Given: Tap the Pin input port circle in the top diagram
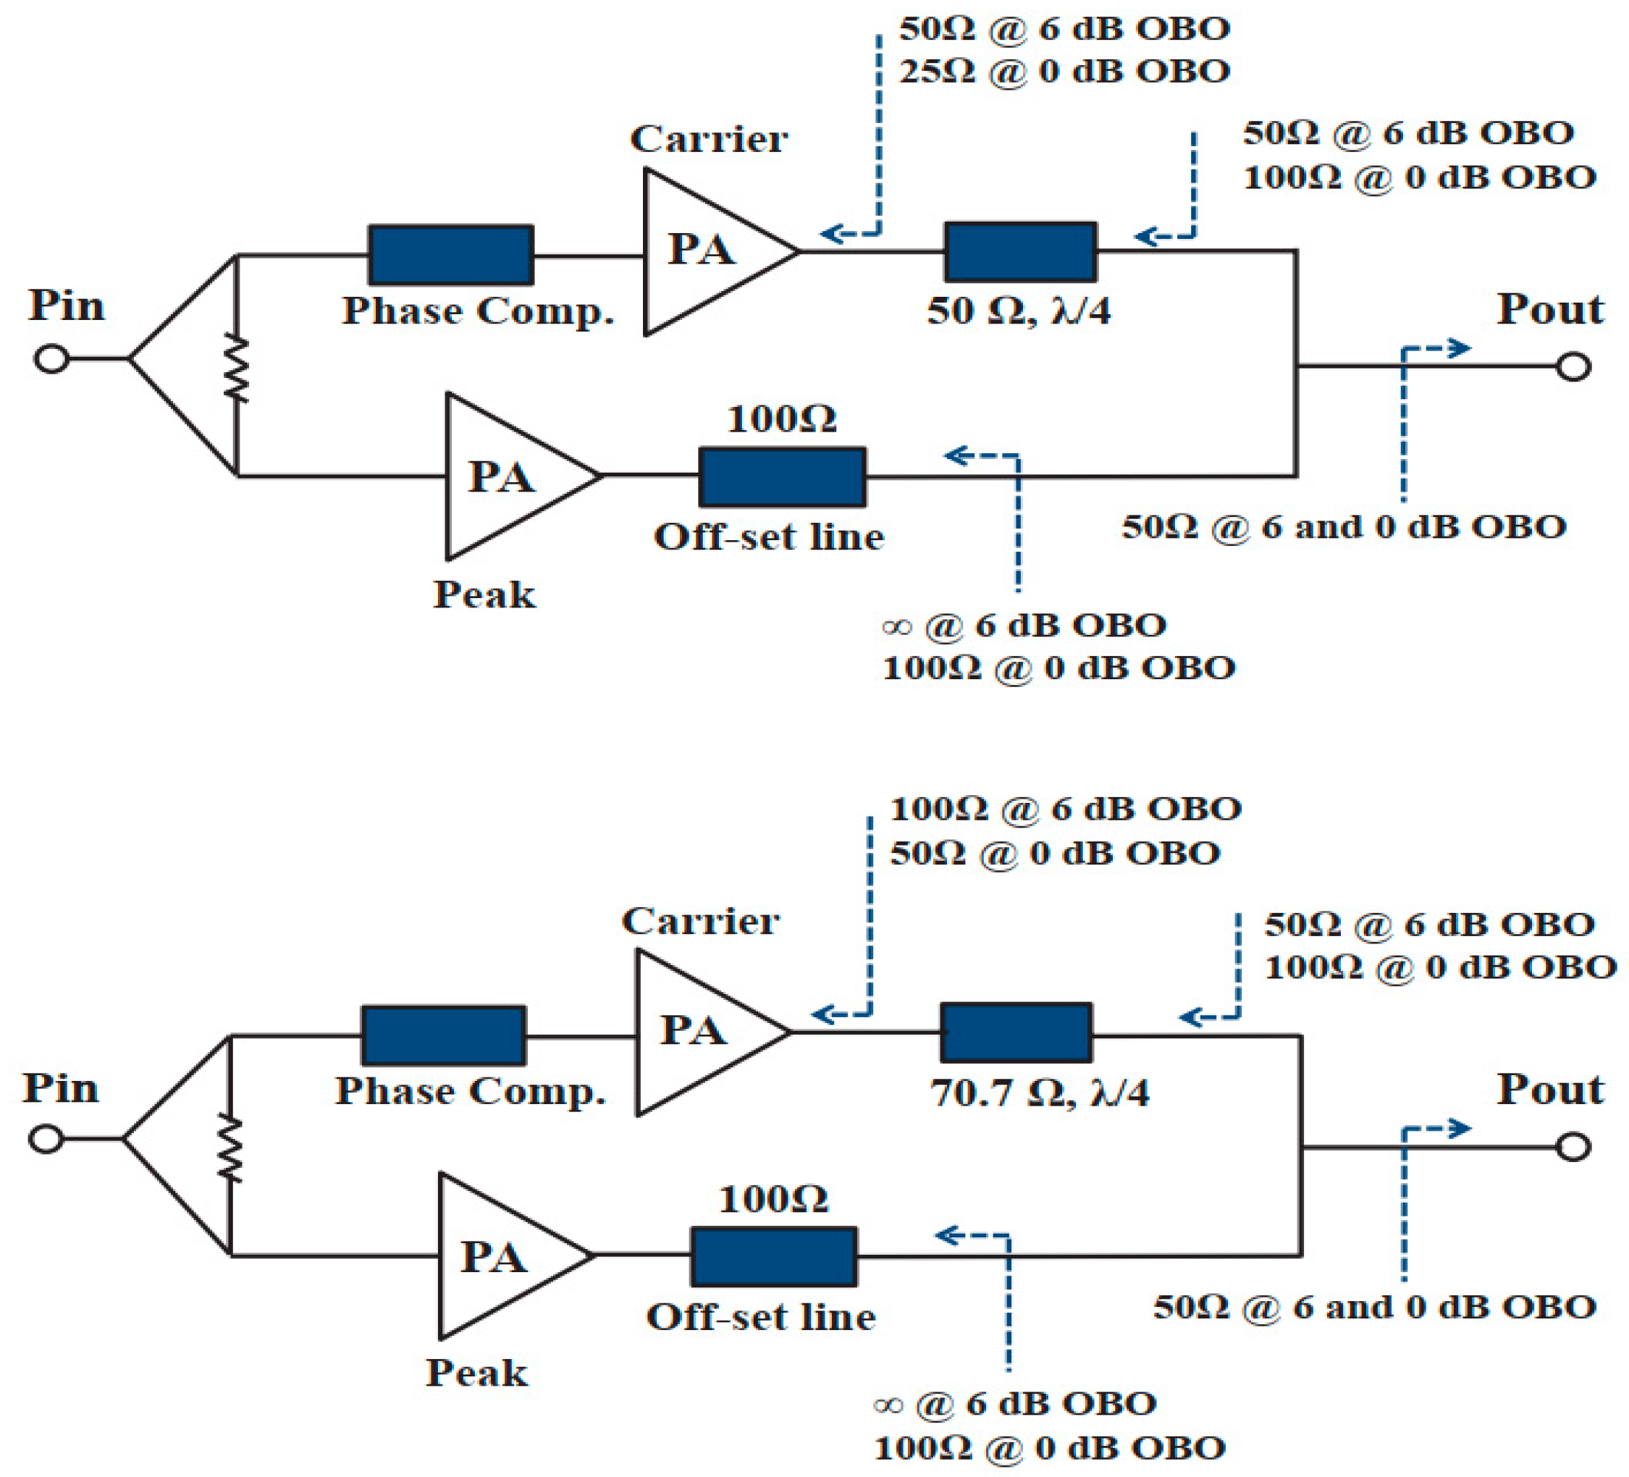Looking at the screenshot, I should coord(51,358).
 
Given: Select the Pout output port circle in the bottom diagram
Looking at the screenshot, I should coord(1573,1147).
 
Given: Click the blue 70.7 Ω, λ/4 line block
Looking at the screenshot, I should coord(1016,1032).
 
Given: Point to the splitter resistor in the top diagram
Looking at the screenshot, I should coord(236,369).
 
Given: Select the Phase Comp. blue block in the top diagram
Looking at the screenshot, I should coord(450,256).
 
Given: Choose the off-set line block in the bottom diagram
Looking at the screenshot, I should coord(774,1256).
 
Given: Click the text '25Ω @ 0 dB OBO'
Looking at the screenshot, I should coord(1064,72).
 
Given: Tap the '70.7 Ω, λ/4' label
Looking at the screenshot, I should coord(1039,1093).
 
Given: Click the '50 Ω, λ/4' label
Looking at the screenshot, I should coord(1018,311).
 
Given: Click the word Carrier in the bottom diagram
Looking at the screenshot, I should coord(700,921).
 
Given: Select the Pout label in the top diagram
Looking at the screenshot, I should coord(1550,309).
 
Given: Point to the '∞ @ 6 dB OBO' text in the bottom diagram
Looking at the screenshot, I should coord(1015,1403).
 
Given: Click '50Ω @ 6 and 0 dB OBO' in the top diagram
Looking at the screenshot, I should coord(1344,527).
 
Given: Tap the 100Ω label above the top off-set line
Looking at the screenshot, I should coord(781,418).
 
